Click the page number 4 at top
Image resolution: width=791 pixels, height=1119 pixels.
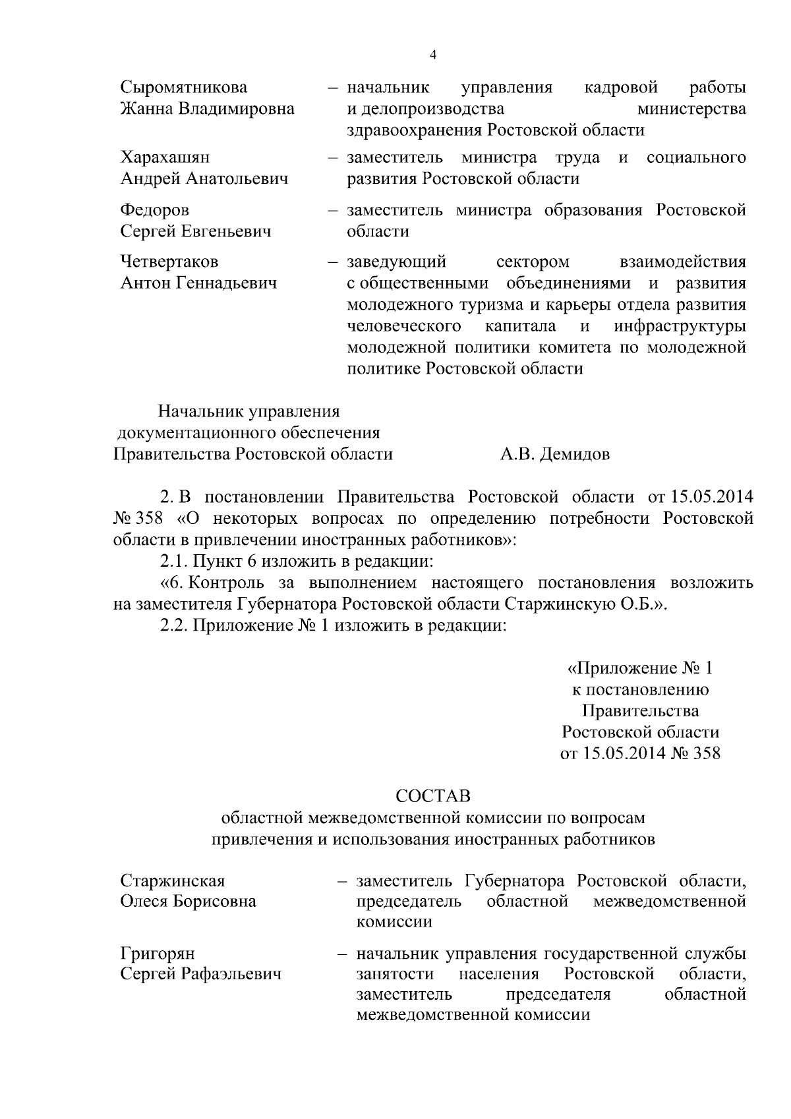coord(432,55)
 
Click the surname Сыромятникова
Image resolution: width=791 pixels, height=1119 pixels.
coord(184,88)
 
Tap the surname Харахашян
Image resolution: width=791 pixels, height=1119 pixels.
coord(165,158)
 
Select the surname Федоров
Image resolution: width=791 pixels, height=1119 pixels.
coord(154,210)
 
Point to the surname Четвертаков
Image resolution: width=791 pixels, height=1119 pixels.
coord(169,262)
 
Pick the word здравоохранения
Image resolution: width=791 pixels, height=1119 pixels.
coord(415,130)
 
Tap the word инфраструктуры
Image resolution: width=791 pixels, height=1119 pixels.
coord(680,326)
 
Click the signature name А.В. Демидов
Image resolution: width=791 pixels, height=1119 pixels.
coord(554,454)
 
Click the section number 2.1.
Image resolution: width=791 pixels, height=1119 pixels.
coord(173,561)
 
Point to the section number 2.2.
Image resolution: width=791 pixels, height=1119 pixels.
coord(173,625)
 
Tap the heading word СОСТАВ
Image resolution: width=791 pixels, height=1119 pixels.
coord(433,796)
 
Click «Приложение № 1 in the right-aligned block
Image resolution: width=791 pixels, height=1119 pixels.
coord(640,668)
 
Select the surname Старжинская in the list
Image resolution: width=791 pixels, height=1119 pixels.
coord(172,881)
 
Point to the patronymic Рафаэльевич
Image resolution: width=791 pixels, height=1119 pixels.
coord(231,974)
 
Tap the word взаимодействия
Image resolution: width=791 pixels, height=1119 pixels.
coord(683,262)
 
